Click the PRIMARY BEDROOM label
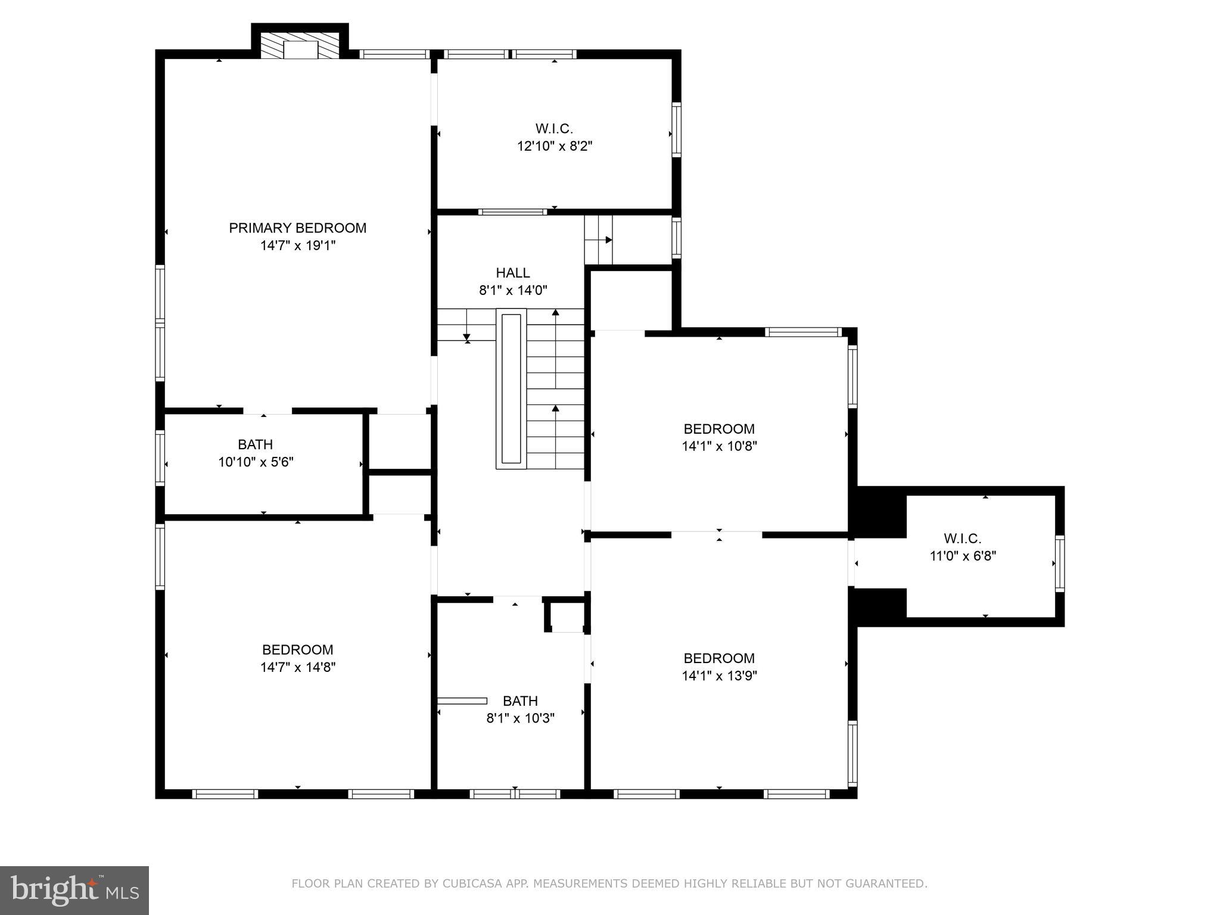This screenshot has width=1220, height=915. coord(297,228)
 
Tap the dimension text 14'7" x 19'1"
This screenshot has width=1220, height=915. coord(298,245)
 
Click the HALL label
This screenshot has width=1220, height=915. coord(513,273)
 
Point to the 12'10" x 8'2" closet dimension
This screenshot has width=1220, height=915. coord(555,146)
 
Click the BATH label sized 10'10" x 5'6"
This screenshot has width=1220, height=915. coord(256,444)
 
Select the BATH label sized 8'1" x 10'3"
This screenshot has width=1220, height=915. coord(520,701)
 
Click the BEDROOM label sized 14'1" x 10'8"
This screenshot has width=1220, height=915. coord(719,429)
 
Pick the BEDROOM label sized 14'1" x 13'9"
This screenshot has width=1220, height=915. coord(719,658)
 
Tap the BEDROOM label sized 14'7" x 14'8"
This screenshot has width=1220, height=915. coord(298,649)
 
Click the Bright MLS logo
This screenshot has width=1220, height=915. coord(74,890)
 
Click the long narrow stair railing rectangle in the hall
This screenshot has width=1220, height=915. coord(511,388)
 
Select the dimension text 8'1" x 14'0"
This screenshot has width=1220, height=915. coord(513,291)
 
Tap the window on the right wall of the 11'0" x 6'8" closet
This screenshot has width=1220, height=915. coord(1060,564)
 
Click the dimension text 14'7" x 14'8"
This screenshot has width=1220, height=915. coord(298,667)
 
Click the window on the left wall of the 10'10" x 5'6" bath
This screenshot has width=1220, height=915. coord(160,457)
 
